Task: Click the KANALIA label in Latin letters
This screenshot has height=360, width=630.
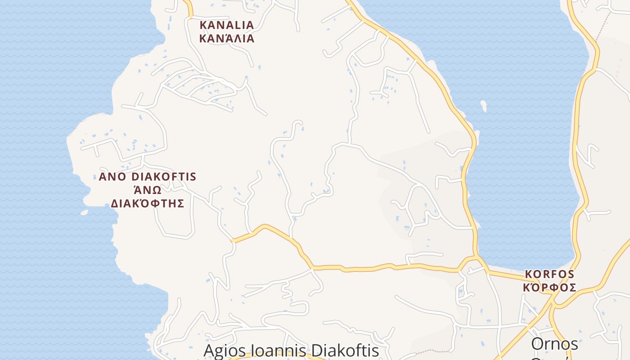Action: click(x=227, y=25)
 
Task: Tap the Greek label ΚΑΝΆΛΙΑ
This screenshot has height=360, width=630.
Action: click(x=227, y=39)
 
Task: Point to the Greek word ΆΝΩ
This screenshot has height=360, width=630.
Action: click(x=148, y=189)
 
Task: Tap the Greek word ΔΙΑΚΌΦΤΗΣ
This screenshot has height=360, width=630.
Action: click(x=148, y=203)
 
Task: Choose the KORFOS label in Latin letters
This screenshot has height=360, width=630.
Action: click(x=549, y=274)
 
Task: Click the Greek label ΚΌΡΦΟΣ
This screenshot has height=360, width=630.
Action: click(x=549, y=288)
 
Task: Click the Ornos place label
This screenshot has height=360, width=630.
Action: click(x=554, y=344)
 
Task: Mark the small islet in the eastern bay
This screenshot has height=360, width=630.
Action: click(x=484, y=106)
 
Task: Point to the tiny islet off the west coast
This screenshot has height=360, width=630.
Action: click(x=84, y=212)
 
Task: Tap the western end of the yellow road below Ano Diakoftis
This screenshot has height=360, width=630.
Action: click(x=234, y=241)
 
